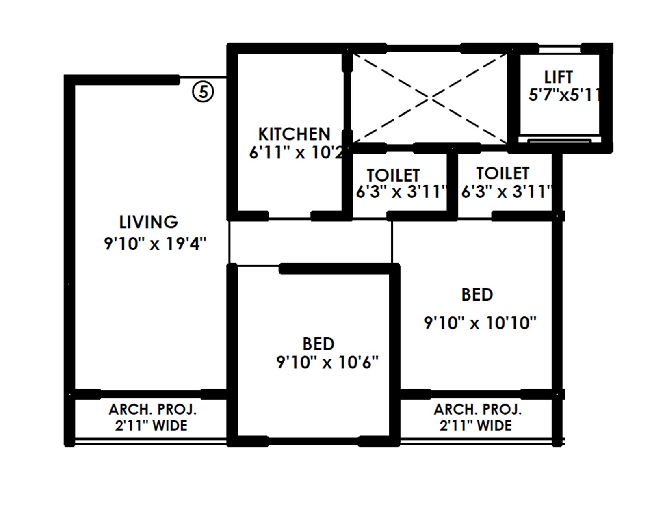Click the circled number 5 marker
coord(203,92)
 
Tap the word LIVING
coord(148,222)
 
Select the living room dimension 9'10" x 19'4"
coord(155,244)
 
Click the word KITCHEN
coord(294,134)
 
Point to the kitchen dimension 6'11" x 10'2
coord(296,153)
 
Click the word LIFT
coord(559,77)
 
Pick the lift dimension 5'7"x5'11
coord(564,95)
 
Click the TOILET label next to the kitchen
coord(393,175)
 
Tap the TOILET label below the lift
coord(503,173)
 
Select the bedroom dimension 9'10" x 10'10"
coord(480,323)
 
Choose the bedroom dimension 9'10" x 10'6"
coord(327,362)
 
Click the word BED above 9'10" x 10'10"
coord(477,295)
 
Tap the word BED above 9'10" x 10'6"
coord(318,344)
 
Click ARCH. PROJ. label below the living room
coord(152,409)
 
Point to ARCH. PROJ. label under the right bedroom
coord(477,409)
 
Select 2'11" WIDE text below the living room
coord(151,426)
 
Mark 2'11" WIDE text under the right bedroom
coord(475,426)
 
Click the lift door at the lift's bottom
coord(559,140)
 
